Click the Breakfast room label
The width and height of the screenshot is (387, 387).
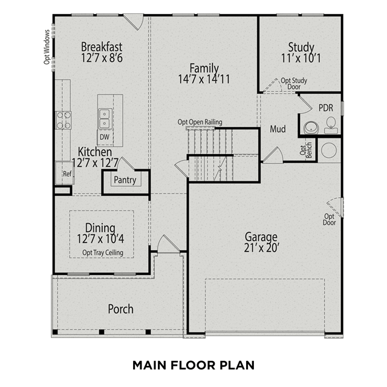[102, 47]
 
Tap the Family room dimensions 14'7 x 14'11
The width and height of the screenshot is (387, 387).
[204, 79]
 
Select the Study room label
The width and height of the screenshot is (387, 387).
[301, 47]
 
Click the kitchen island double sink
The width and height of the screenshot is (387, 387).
[105, 119]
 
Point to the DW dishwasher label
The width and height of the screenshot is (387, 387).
[105, 137]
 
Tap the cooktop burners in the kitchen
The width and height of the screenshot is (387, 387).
[63, 120]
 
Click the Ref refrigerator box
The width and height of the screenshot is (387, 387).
[64, 173]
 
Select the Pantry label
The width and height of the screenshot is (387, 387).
[125, 180]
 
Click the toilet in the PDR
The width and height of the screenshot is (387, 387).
[331, 125]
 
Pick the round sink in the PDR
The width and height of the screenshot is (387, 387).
[311, 128]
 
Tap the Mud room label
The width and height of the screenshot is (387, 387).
[278, 129]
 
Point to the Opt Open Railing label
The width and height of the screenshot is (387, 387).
[200, 122]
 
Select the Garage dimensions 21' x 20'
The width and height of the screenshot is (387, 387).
[261, 248]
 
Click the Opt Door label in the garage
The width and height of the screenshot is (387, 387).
[329, 220]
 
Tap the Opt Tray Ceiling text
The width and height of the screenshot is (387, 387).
[103, 253]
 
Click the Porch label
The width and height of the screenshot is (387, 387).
[121, 309]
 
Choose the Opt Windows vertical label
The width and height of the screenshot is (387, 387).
[47, 47]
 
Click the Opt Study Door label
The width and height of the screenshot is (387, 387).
[294, 83]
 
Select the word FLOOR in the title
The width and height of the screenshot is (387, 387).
[193, 365]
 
